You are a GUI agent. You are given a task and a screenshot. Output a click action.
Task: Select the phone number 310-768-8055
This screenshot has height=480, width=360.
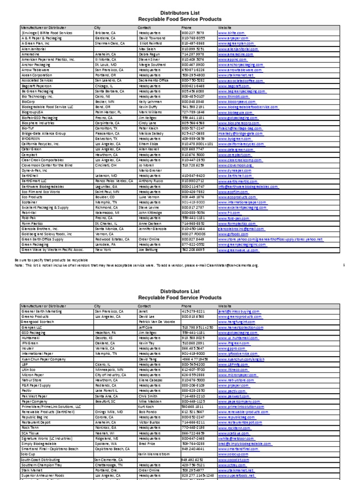[x=193, y=38]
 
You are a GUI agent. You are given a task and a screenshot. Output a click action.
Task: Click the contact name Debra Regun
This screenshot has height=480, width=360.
[x=149, y=54]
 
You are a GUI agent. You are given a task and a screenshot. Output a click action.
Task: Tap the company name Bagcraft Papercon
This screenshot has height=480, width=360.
[x=38, y=86]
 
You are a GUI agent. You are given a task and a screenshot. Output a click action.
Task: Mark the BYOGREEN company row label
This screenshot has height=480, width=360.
[x=30, y=139]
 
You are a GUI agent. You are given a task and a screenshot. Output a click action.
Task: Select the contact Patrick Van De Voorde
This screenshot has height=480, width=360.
[x=157, y=322]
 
